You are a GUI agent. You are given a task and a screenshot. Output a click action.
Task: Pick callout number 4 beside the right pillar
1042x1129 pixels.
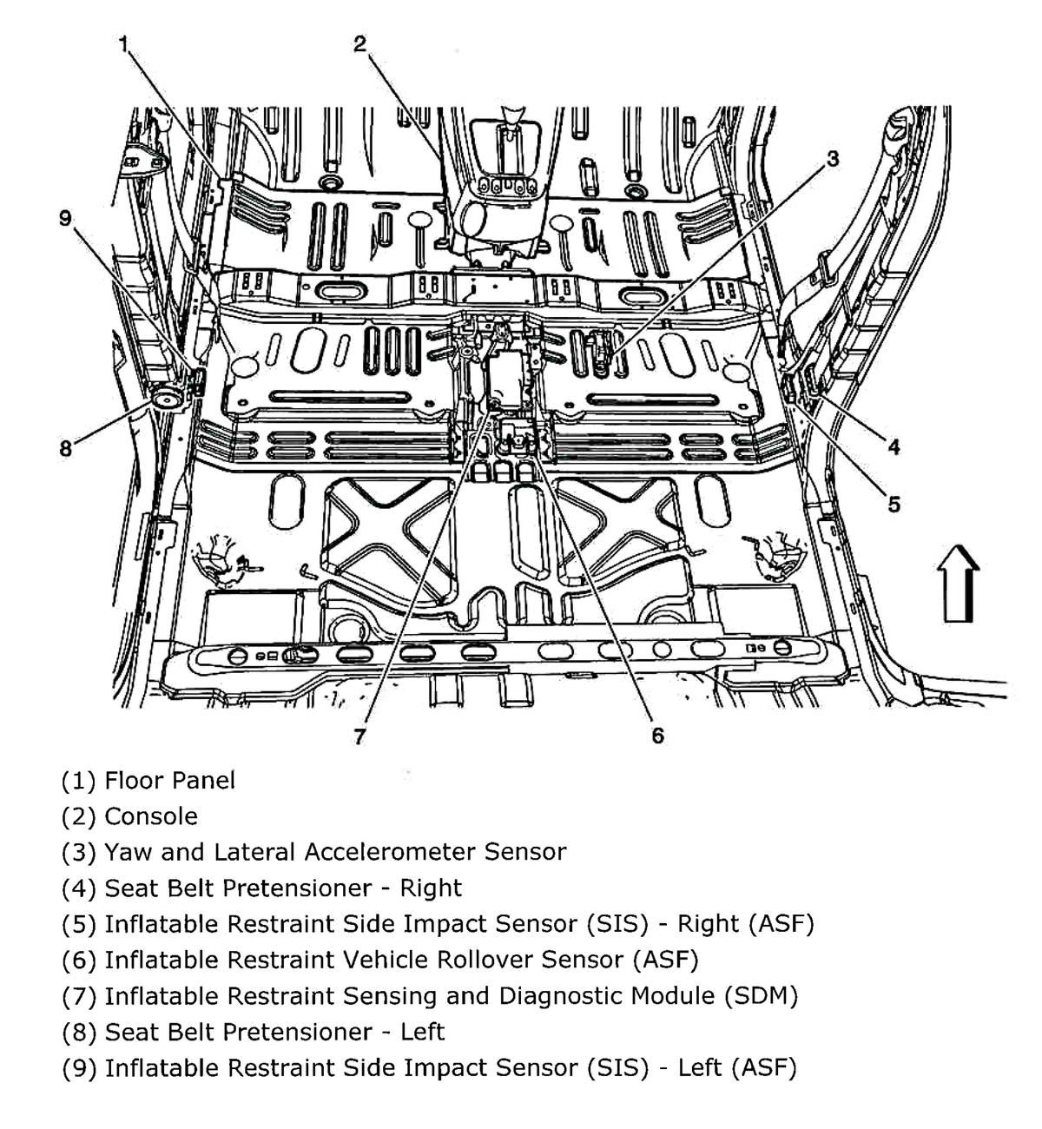(894, 447)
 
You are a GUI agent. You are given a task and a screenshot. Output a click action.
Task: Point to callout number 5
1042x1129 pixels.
(894, 504)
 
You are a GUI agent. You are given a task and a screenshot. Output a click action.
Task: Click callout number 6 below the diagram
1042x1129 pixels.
(657, 736)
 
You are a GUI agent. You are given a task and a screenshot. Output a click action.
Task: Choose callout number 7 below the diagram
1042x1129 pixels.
(359, 736)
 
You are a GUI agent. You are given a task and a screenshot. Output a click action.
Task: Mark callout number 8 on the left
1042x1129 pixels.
(66, 449)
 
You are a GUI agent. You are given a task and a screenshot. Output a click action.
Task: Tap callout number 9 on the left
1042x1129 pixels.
(66, 217)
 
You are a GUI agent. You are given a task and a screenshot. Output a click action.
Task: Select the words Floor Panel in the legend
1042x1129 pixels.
(169, 780)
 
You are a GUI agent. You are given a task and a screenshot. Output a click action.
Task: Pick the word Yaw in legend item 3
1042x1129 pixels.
(127, 852)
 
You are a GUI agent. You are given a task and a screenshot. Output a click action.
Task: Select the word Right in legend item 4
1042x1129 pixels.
(432, 888)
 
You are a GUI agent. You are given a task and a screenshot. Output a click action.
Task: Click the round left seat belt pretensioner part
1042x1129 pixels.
(165, 399)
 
